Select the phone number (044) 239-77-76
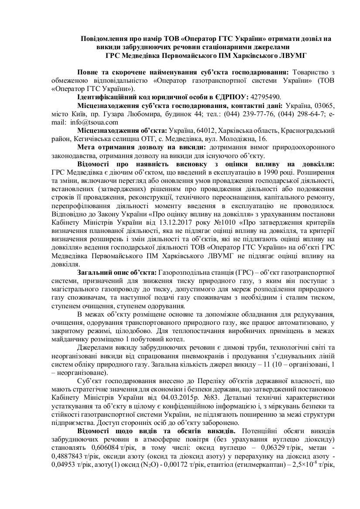(x=245, y=114)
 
